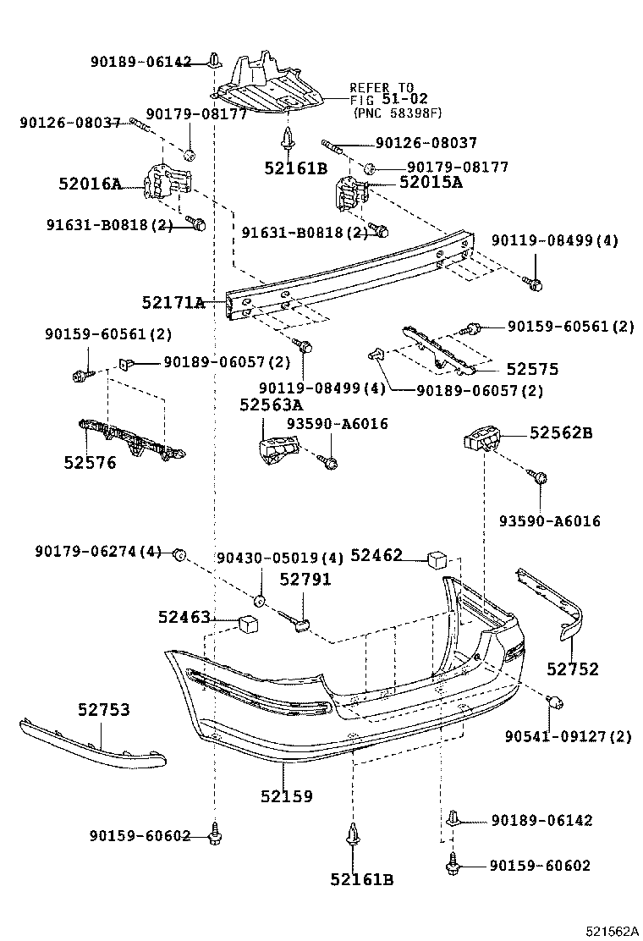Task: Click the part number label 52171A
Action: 173,302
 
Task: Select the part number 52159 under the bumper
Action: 286,795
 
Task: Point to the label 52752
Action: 572,669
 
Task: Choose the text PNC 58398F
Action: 397,113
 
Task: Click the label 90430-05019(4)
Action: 280,559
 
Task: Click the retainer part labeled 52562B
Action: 481,442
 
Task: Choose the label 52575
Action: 532,370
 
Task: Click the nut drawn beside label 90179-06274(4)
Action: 179,554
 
